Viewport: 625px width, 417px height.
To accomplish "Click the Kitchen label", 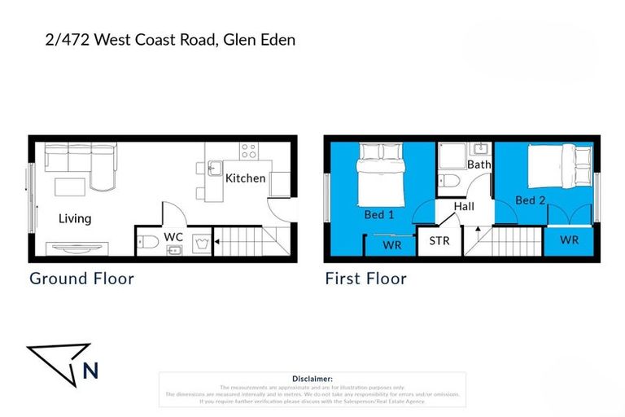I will pyautogui.click(x=245, y=178).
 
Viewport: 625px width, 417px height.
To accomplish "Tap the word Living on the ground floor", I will pyautogui.click(x=74, y=218).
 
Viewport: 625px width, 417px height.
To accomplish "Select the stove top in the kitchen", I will pyautogui.click(x=249, y=151).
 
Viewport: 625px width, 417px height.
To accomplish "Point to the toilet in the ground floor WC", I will pyautogui.click(x=148, y=241).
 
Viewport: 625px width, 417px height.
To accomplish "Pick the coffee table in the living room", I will pyautogui.click(x=71, y=186).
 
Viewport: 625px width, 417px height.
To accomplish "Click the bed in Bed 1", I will pyautogui.click(x=379, y=174).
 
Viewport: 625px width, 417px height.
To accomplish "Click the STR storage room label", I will pyautogui.click(x=439, y=241).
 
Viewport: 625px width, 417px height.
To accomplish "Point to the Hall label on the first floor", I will pyautogui.click(x=464, y=207).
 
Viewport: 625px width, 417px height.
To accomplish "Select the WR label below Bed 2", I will pyautogui.click(x=570, y=240).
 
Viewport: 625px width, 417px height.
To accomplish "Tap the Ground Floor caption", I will pyautogui.click(x=81, y=279).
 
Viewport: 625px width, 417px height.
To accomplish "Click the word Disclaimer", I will pyautogui.click(x=312, y=379).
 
